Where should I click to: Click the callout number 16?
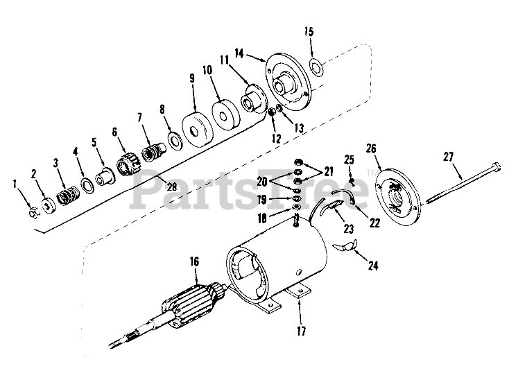195,262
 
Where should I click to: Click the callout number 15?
309,33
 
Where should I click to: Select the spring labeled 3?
67,187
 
